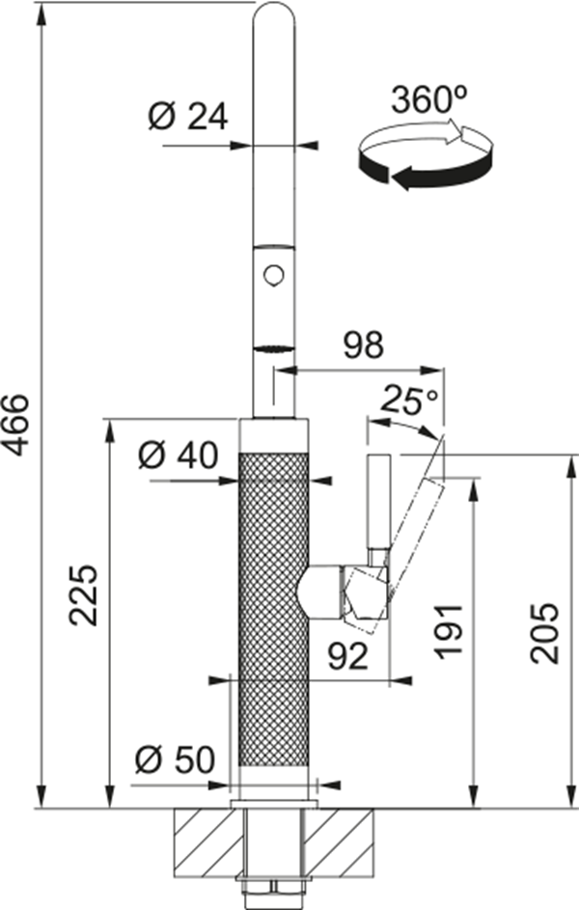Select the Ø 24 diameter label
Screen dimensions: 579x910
(x=188, y=117)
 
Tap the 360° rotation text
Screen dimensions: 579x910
(x=429, y=99)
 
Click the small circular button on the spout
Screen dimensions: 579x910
(x=273, y=274)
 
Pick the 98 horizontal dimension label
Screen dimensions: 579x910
(x=363, y=345)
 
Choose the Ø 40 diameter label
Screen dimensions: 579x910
(x=179, y=455)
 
